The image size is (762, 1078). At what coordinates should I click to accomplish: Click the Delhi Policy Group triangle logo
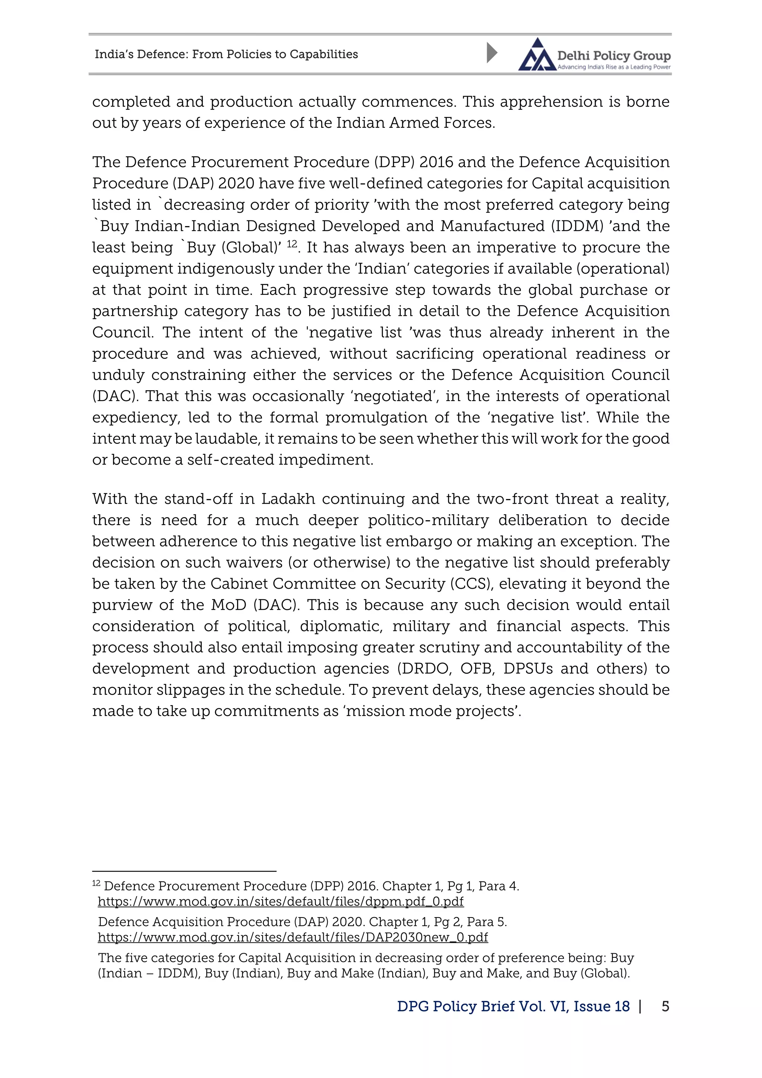click(x=537, y=55)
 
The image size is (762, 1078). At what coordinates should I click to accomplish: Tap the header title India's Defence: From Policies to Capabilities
click(x=226, y=54)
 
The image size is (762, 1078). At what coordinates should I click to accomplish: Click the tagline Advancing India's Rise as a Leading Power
click(x=614, y=67)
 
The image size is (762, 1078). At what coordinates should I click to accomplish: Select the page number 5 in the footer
click(x=665, y=1006)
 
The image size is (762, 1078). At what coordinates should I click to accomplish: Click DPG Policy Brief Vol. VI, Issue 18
click(x=513, y=1006)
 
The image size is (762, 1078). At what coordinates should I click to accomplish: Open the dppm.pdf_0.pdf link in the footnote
click(x=281, y=901)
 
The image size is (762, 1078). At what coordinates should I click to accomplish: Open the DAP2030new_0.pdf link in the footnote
click(x=293, y=937)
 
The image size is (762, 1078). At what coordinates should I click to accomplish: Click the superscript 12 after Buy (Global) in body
click(x=292, y=244)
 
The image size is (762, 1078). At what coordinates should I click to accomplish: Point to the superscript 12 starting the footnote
click(x=96, y=883)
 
